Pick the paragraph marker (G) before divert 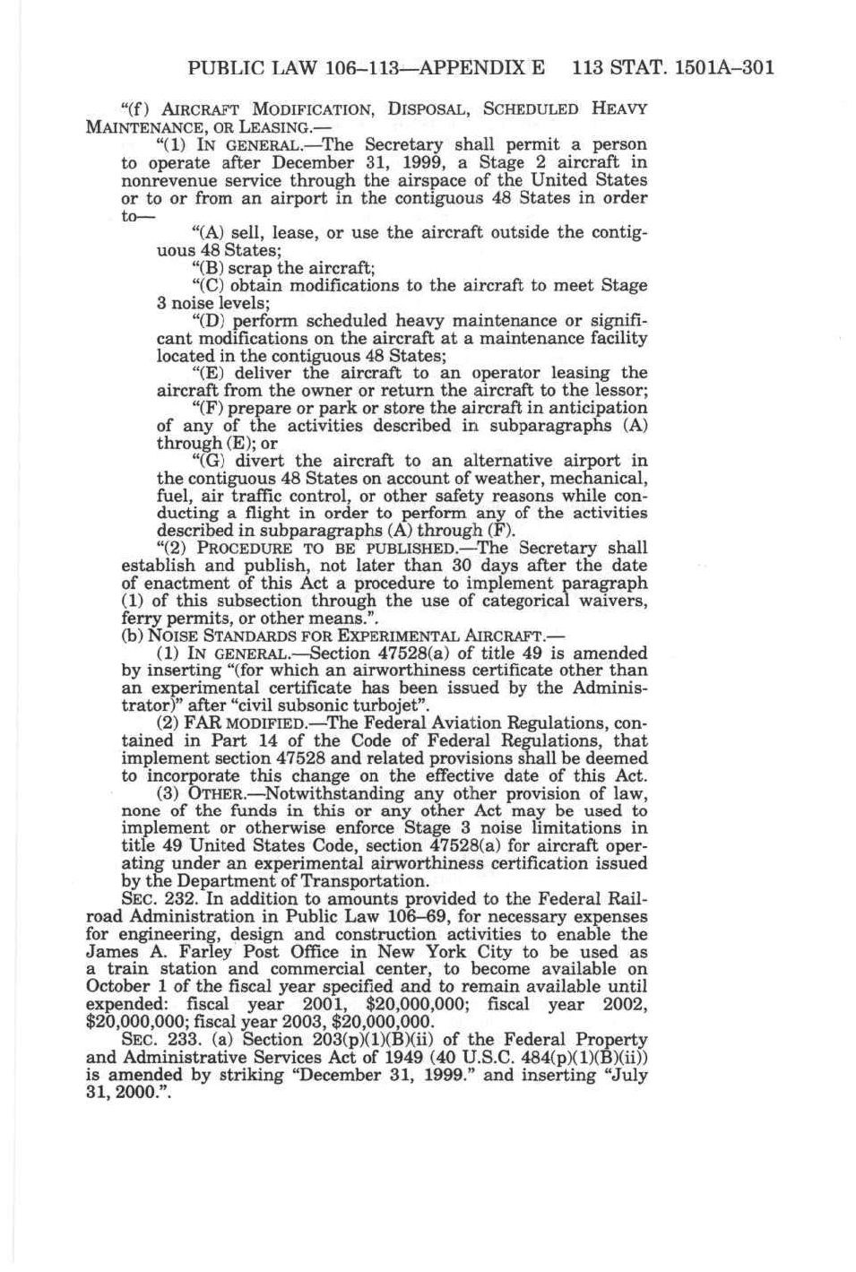coord(210,461)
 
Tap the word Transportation coord(367,881)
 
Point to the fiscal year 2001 coord(326,1005)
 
